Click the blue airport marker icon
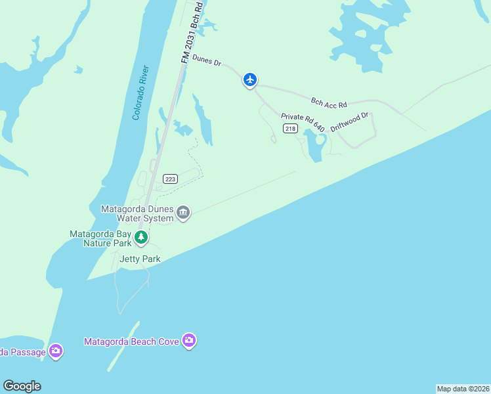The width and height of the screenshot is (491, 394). coord(249,79)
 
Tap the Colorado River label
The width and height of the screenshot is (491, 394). coord(141,93)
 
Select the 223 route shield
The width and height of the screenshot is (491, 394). coord(171,179)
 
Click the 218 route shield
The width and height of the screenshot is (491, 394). coord(290,129)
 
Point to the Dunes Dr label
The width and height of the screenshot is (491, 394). coord(207,61)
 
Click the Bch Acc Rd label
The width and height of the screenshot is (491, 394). coord(328,102)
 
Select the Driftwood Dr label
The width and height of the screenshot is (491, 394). coord(351,122)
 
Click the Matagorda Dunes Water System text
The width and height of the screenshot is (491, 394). coord(137,213)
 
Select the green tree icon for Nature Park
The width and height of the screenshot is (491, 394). coord(140,238)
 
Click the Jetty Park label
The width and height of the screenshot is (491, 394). coord(140,259)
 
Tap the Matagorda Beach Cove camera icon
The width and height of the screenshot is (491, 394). coord(189,340)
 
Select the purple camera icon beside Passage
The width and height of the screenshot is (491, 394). coord(56,351)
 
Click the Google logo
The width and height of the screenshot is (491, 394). coord(22,386)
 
